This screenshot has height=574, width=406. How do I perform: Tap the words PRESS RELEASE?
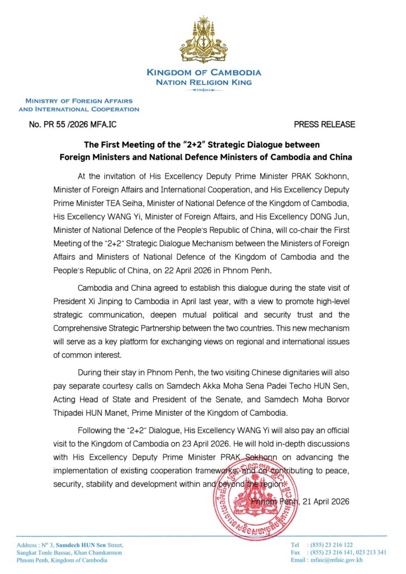[x=324, y=124]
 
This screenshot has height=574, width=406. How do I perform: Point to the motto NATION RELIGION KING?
[x=204, y=82]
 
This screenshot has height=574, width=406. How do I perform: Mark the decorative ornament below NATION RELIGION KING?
[x=203, y=90]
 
